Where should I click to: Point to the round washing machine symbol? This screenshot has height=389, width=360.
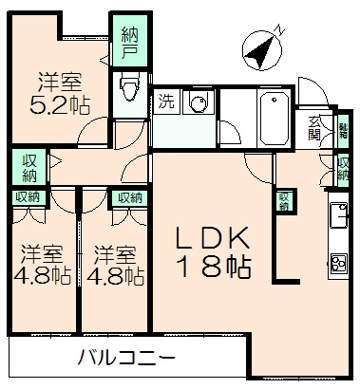pyautogui.click(x=199, y=102)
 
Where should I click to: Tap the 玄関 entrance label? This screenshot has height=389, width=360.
pyautogui.click(x=314, y=128)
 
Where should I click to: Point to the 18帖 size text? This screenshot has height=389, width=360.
pyautogui.click(x=216, y=267)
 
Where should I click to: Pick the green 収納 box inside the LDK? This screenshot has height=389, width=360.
pyautogui.click(x=282, y=201)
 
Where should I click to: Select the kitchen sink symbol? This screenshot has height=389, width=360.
pyautogui.click(x=338, y=218)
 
